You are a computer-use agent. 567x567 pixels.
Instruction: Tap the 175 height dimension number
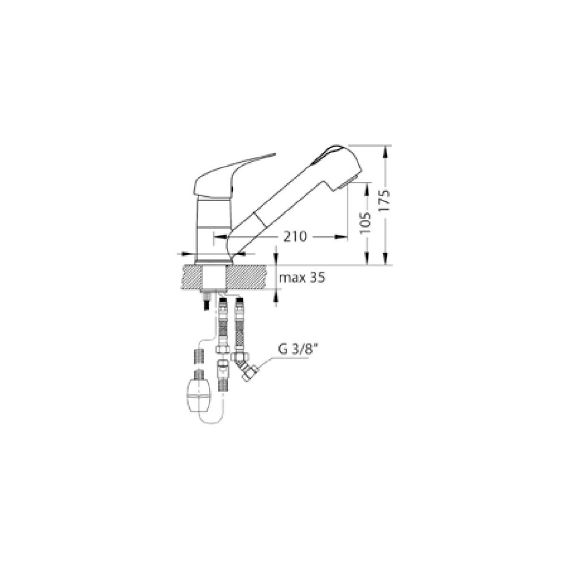(x=386, y=200)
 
